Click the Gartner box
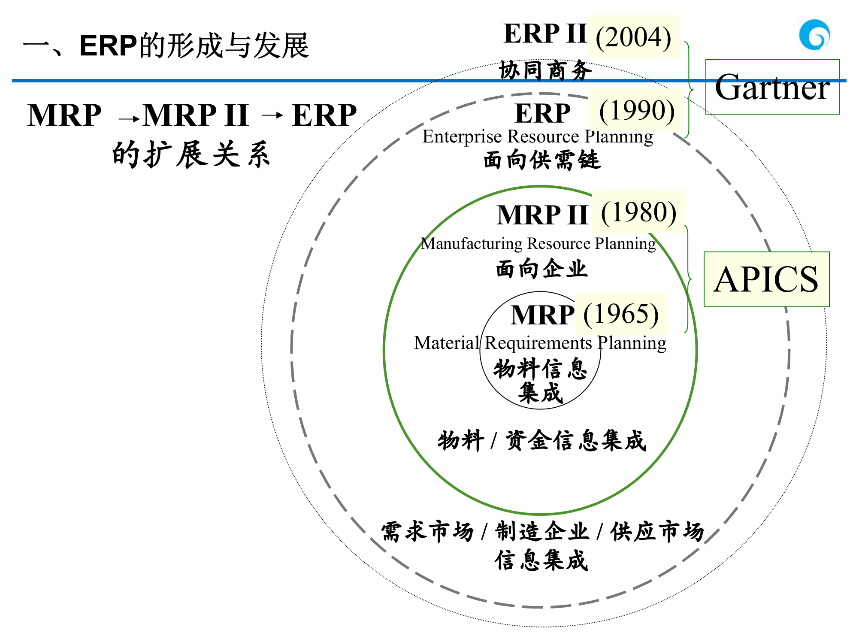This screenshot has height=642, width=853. tap(772, 87)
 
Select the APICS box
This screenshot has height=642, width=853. tap(766, 279)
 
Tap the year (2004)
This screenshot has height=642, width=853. tap(633, 37)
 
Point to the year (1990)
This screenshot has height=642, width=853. tap(637, 110)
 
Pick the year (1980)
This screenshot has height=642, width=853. tap(638, 212)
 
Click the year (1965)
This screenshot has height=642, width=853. tap(621, 314)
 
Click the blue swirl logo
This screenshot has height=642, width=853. tap(814, 35)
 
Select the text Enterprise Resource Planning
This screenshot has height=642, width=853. tap(538, 136)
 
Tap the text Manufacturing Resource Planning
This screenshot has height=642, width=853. tap(538, 243)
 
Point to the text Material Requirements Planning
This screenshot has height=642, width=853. tap(540, 343)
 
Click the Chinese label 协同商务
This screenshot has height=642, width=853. tap(545, 70)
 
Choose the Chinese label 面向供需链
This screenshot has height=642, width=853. tap(541, 160)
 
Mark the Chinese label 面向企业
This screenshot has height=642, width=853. tap(541, 269)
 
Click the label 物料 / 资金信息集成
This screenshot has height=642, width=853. tap(541, 441)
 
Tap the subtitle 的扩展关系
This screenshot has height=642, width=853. tap(191, 154)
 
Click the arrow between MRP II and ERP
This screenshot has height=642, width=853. tap(272, 115)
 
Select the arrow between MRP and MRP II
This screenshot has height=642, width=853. tap(129, 118)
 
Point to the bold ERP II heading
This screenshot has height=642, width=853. tap(544, 33)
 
